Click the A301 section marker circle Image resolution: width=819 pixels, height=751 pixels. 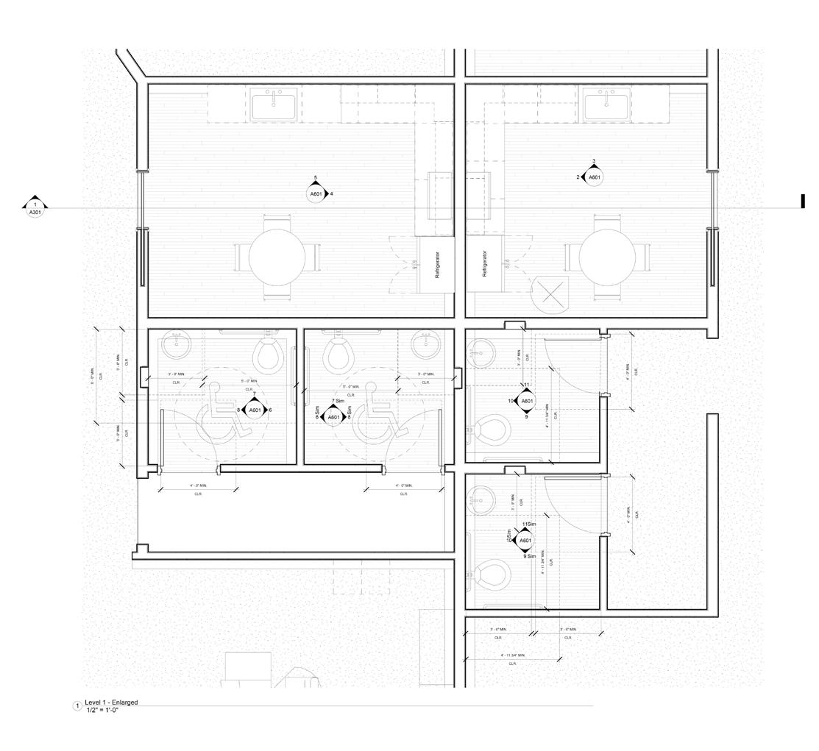(x=35, y=211)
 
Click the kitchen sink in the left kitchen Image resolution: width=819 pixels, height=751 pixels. (x=274, y=106)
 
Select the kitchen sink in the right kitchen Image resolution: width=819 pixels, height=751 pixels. (x=607, y=106)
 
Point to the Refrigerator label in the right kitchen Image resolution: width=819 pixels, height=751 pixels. (x=484, y=264)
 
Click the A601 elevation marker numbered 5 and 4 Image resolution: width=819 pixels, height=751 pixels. (x=316, y=193)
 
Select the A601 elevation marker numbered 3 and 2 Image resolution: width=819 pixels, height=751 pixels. (x=594, y=177)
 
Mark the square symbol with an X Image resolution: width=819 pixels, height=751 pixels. (x=553, y=294)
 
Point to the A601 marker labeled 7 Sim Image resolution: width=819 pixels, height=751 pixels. (x=334, y=416)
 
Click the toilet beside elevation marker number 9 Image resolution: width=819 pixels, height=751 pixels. (x=492, y=432)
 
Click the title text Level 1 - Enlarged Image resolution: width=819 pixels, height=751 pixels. (x=111, y=702)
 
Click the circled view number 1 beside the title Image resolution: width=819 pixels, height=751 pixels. (x=77, y=706)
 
